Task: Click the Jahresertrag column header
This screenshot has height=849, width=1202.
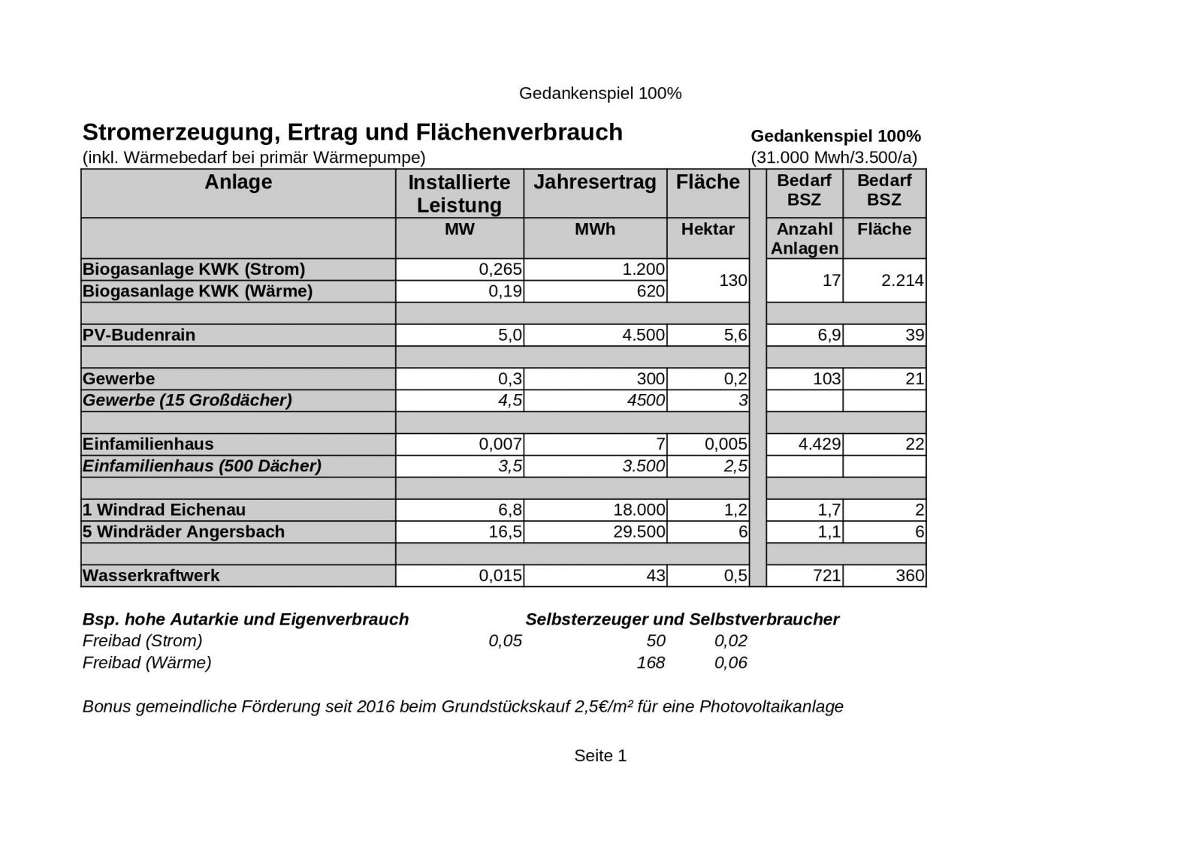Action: click(594, 182)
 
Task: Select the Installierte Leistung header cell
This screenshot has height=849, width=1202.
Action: click(459, 194)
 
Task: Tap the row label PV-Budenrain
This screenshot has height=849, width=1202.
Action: click(139, 335)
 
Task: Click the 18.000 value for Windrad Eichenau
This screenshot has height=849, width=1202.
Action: click(639, 510)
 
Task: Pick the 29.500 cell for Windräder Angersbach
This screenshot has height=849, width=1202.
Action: click(639, 531)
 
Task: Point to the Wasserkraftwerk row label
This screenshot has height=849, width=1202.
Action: click(151, 576)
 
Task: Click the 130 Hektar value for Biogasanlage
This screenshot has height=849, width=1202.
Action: click(732, 280)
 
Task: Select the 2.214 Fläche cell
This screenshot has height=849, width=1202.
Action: click(902, 280)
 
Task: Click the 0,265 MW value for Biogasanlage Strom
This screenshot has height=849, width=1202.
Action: click(500, 269)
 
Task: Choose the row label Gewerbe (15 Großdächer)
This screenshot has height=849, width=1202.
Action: click(187, 400)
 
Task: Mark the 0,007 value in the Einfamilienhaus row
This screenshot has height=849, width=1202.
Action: click(500, 444)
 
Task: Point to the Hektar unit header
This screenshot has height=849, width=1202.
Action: click(708, 229)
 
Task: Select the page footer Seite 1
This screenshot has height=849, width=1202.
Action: click(600, 756)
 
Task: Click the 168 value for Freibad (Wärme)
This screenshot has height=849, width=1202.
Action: click(651, 663)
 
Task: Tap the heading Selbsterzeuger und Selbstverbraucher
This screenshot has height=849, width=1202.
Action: click(682, 619)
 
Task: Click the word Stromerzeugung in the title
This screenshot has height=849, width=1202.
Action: click(176, 132)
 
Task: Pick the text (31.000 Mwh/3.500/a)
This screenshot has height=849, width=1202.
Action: click(834, 158)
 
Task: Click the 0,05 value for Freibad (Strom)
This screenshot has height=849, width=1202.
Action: click(505, 641)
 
